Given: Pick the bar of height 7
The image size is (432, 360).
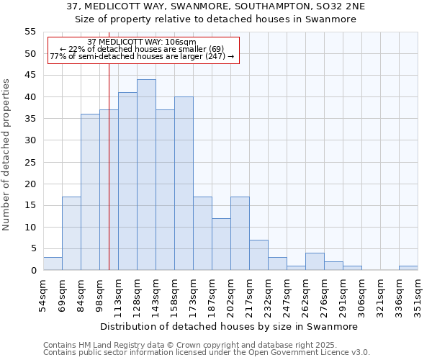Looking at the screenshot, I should point(258,255).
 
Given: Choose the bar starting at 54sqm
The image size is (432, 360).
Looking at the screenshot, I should point(53,264).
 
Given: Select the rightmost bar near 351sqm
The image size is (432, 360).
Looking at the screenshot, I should point(408,268).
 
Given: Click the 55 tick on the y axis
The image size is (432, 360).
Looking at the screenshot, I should point(30,32).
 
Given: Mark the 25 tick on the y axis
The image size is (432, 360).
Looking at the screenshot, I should point(30,162).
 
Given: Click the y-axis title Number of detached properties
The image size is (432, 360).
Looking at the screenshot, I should point(6,155).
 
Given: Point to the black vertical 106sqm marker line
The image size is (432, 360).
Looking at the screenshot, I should point(109,180).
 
